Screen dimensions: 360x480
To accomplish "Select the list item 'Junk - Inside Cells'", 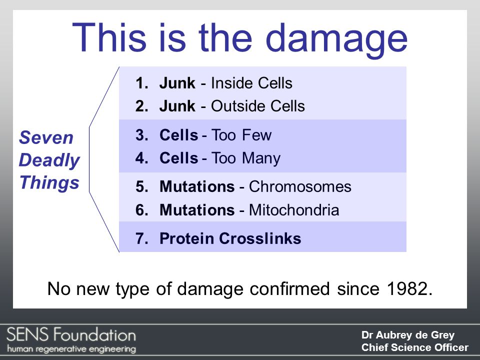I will point(225,83).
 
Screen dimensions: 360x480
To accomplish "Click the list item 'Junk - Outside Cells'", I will point(231,106).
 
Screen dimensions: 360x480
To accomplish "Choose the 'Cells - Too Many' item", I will point(219,158).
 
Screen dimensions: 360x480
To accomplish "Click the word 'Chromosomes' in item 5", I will point(300,187).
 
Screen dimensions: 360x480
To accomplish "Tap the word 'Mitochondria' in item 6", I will point(294,210).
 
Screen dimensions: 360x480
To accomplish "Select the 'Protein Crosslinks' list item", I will point(230,239).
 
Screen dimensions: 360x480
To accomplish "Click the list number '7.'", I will point(142,239).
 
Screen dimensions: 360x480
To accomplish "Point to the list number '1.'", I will point(142,83).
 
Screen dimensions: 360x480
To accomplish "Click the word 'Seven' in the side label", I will point(46,138).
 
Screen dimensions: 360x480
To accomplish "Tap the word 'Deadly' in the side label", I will point(49,160).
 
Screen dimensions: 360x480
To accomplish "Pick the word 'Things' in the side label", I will point(49,183).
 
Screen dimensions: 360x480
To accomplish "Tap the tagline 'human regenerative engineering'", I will point(71,348).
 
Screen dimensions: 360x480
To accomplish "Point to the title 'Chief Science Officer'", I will point(414,347).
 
